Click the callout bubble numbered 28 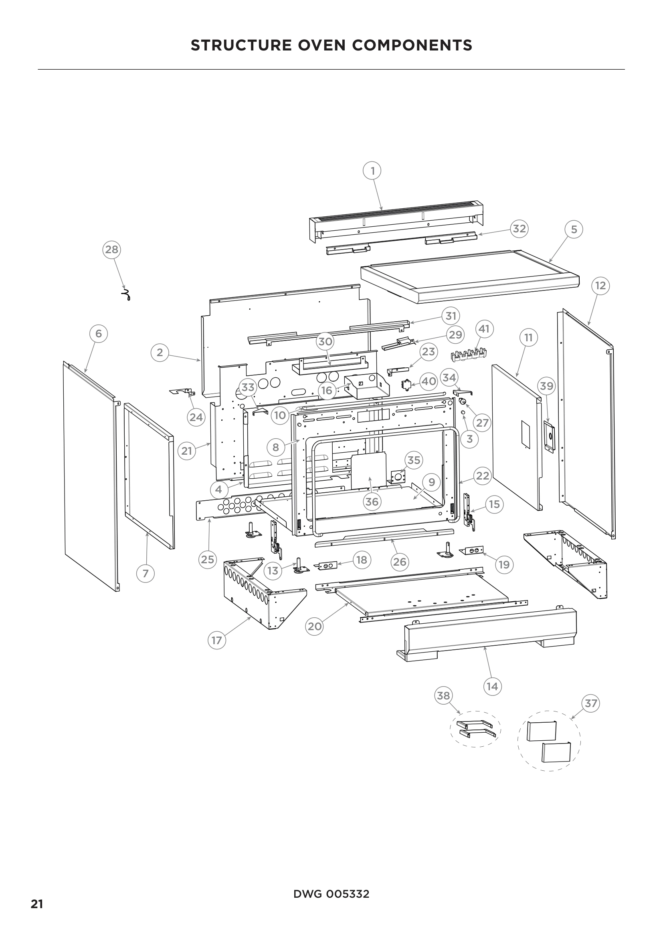(111, 249)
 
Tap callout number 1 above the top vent (372, 171)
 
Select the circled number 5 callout (574, 230)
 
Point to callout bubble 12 (600, 286)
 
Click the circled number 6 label (98, 334)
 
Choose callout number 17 (216, 640)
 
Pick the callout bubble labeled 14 (492, 687)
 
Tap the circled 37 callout (591, 703)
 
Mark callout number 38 (443, 695)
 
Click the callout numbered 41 (484, 329)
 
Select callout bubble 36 (372, 502)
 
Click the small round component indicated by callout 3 (463, 413)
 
